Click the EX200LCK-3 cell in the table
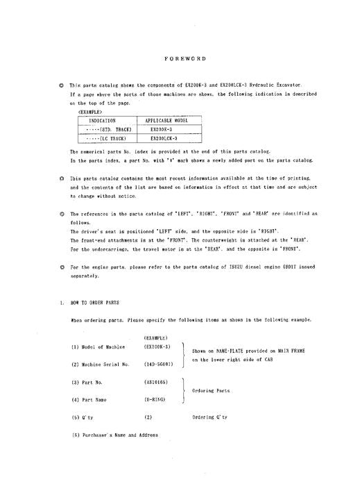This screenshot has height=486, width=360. (165, 138)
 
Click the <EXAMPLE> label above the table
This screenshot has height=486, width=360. (86, 110)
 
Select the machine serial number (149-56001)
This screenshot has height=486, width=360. (158, 364)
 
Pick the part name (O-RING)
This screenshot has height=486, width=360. (155, 400)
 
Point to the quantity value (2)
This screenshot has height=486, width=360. (148, 418)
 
